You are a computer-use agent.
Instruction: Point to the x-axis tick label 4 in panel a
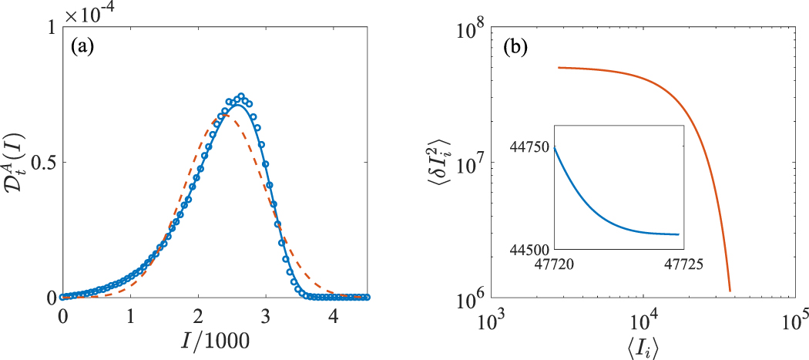[x=333, y=316]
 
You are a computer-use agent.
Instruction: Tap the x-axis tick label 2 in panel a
[x=198, y=316]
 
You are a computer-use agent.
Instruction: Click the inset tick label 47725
[x=680, y=263]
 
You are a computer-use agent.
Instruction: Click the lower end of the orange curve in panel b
[x=729, y=291]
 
